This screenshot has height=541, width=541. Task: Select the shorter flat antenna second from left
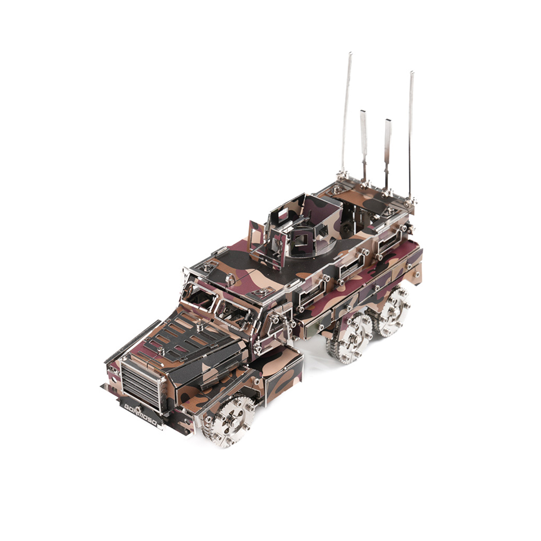tap(364, 143)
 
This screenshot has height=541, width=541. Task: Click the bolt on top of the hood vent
tap(199, 326)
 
